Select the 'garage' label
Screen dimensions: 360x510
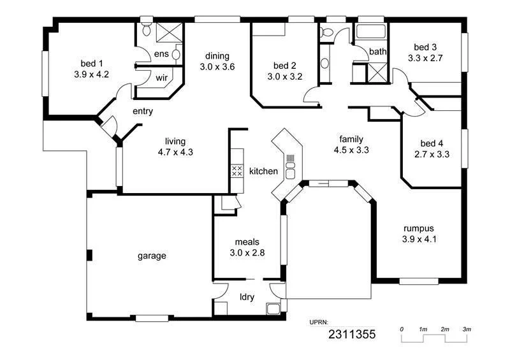click(152, 256)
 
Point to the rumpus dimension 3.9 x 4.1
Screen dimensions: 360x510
click(419, 240)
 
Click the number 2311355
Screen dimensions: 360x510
click(351, 334)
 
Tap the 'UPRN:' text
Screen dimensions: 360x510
click(321, 322)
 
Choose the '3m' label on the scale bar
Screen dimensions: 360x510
click(467, 329)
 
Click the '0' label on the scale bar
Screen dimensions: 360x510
click(402, 329)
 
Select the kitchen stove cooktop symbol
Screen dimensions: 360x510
click(236, 171)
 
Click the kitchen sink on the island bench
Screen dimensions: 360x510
click(291, 169)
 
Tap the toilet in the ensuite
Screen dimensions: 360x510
click(146, 28)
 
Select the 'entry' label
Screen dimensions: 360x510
click(142, 112)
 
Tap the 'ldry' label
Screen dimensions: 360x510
click(247, 296)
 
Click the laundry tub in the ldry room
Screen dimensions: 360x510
click(273, 310)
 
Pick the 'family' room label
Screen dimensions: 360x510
click(351, 139)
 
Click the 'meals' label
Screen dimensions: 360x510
click(247, 241)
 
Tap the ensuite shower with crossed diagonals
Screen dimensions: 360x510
click(168, 32)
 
